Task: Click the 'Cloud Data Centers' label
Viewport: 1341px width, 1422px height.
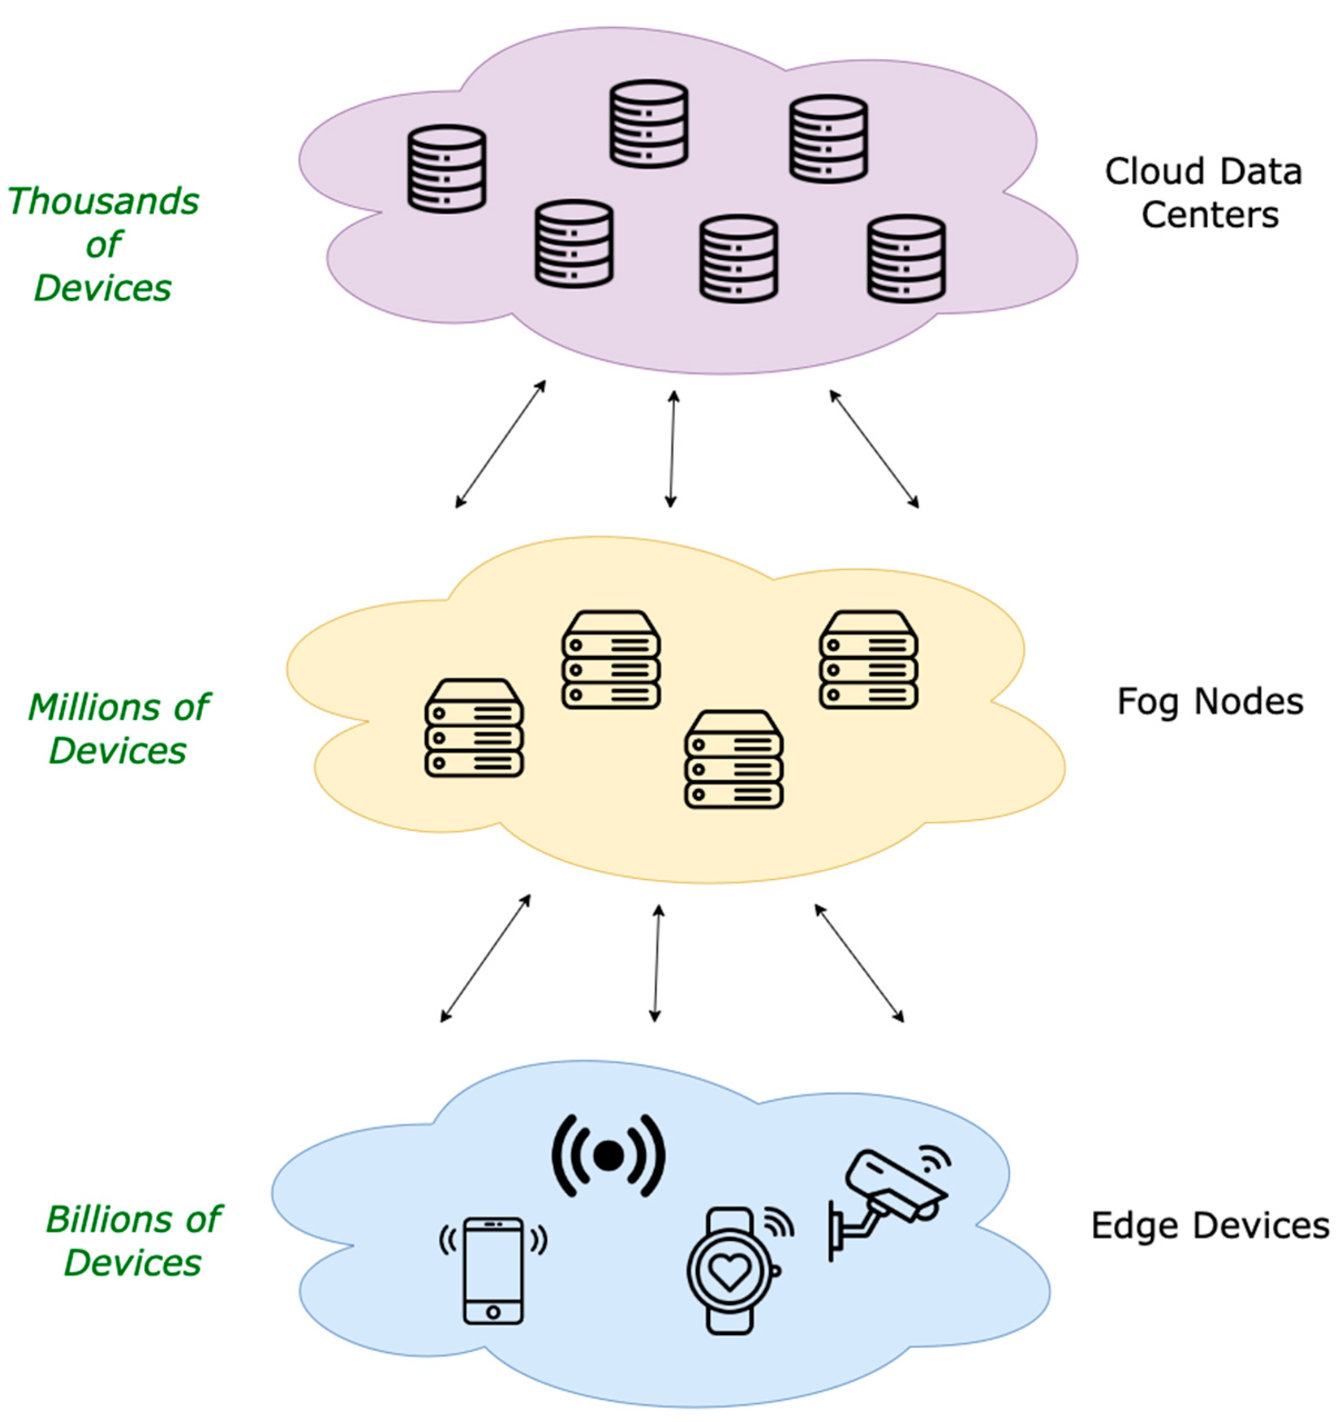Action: tap(1204, 193)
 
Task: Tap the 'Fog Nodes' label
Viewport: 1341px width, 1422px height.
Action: tap(1210, 702)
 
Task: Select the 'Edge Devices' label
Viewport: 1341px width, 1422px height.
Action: tap(1210, 1226)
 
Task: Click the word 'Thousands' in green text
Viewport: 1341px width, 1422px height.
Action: tap(103, 202)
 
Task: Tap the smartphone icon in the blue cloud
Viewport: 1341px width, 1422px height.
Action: tap(493, 1271)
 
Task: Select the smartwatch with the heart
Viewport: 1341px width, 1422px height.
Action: tap(730, 1271)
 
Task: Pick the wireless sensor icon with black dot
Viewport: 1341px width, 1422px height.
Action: tap(609, 1156)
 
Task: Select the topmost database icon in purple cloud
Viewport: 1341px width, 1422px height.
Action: tap(649, 124)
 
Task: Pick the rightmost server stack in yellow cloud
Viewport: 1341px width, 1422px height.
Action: tap(869, 660)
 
